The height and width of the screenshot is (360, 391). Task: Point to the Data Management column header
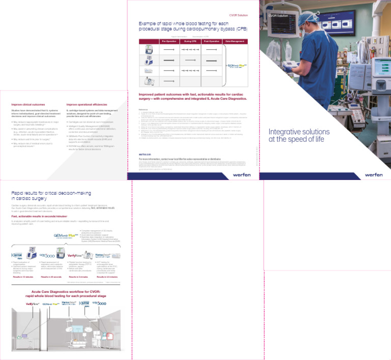[x=234, y=41]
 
